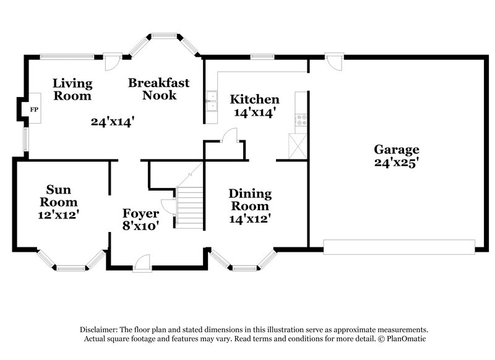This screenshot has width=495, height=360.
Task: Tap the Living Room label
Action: pos(72,90)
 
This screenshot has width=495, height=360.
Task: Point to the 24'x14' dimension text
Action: pos(113,122)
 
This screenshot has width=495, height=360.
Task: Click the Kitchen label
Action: pos(254,100)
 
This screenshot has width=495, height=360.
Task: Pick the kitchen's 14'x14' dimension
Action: pos(254,113)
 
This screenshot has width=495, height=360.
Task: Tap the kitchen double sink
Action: pos(212,100)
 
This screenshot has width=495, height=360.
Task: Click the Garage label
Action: pos(396,149)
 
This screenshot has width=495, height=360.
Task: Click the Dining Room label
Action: pos(250,200)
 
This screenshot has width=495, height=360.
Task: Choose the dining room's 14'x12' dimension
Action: pos(250,218)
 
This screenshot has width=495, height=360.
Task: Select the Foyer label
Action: pos(141,214)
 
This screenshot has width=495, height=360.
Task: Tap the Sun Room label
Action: pos(59,196)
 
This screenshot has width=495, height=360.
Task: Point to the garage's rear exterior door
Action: pos(334,61)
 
